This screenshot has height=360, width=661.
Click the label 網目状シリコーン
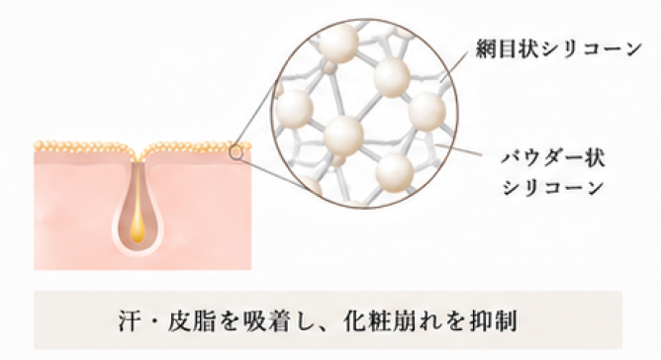558,49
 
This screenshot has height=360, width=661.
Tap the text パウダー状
553,159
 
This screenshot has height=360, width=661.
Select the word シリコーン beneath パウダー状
553,187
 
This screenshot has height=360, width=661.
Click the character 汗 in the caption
129,321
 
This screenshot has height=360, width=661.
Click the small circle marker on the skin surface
236,152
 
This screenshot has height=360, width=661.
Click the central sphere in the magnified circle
343,135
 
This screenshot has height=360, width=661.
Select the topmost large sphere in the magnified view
338,43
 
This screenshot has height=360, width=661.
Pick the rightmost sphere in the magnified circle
426,112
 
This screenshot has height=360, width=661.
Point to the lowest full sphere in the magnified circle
395,172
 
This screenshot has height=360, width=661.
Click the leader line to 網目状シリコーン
454,66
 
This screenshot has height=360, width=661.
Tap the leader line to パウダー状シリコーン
459,149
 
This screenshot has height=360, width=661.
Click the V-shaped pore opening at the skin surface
138,153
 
